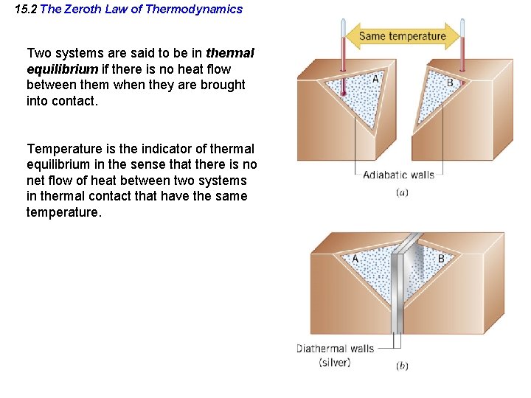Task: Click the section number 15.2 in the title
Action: tap(27, 10)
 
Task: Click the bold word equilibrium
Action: tap(62, 69)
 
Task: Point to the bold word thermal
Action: tap(230, 53)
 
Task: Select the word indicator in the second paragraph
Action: tap(142, 149)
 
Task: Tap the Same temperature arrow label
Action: tap(403, 36)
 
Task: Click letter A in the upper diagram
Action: tap(375, 79)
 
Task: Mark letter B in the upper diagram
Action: tap(450, 83)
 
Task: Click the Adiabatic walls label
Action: tap(399, 175)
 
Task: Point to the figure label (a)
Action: tap(402, 192)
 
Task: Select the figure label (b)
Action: tap(402, 366)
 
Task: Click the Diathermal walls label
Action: tap(335, 348)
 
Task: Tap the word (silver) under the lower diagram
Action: tap(335, 362)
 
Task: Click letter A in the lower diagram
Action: tap(355, 259)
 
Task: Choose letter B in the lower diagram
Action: tap(441, 259)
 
